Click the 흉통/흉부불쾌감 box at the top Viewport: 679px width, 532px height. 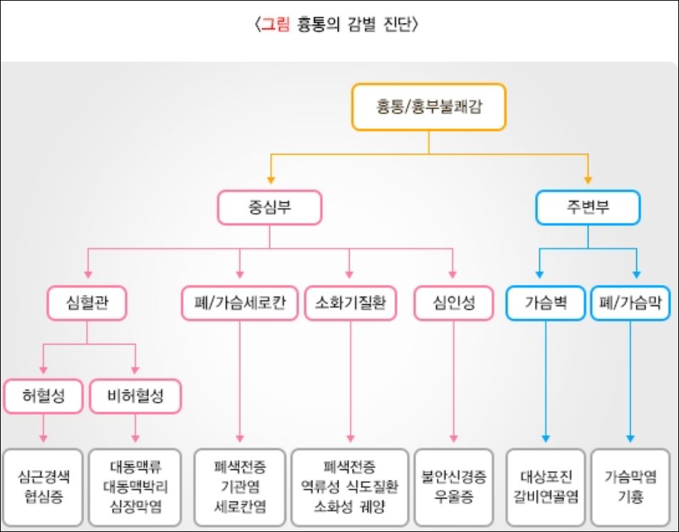coord(427,107)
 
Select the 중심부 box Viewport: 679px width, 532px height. coord(269,207)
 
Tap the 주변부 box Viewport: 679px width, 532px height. coord(587,207)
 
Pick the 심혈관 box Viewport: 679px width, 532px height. coord(87,303)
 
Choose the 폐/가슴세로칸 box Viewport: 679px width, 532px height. coord(239,303)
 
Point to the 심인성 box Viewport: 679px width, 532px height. coord(454,303)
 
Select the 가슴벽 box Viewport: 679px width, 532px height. coord(546,303)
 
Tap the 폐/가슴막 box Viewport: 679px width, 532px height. coord(631,303)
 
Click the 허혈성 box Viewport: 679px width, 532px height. coord(43,397)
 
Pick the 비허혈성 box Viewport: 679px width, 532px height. coord(135,397)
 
